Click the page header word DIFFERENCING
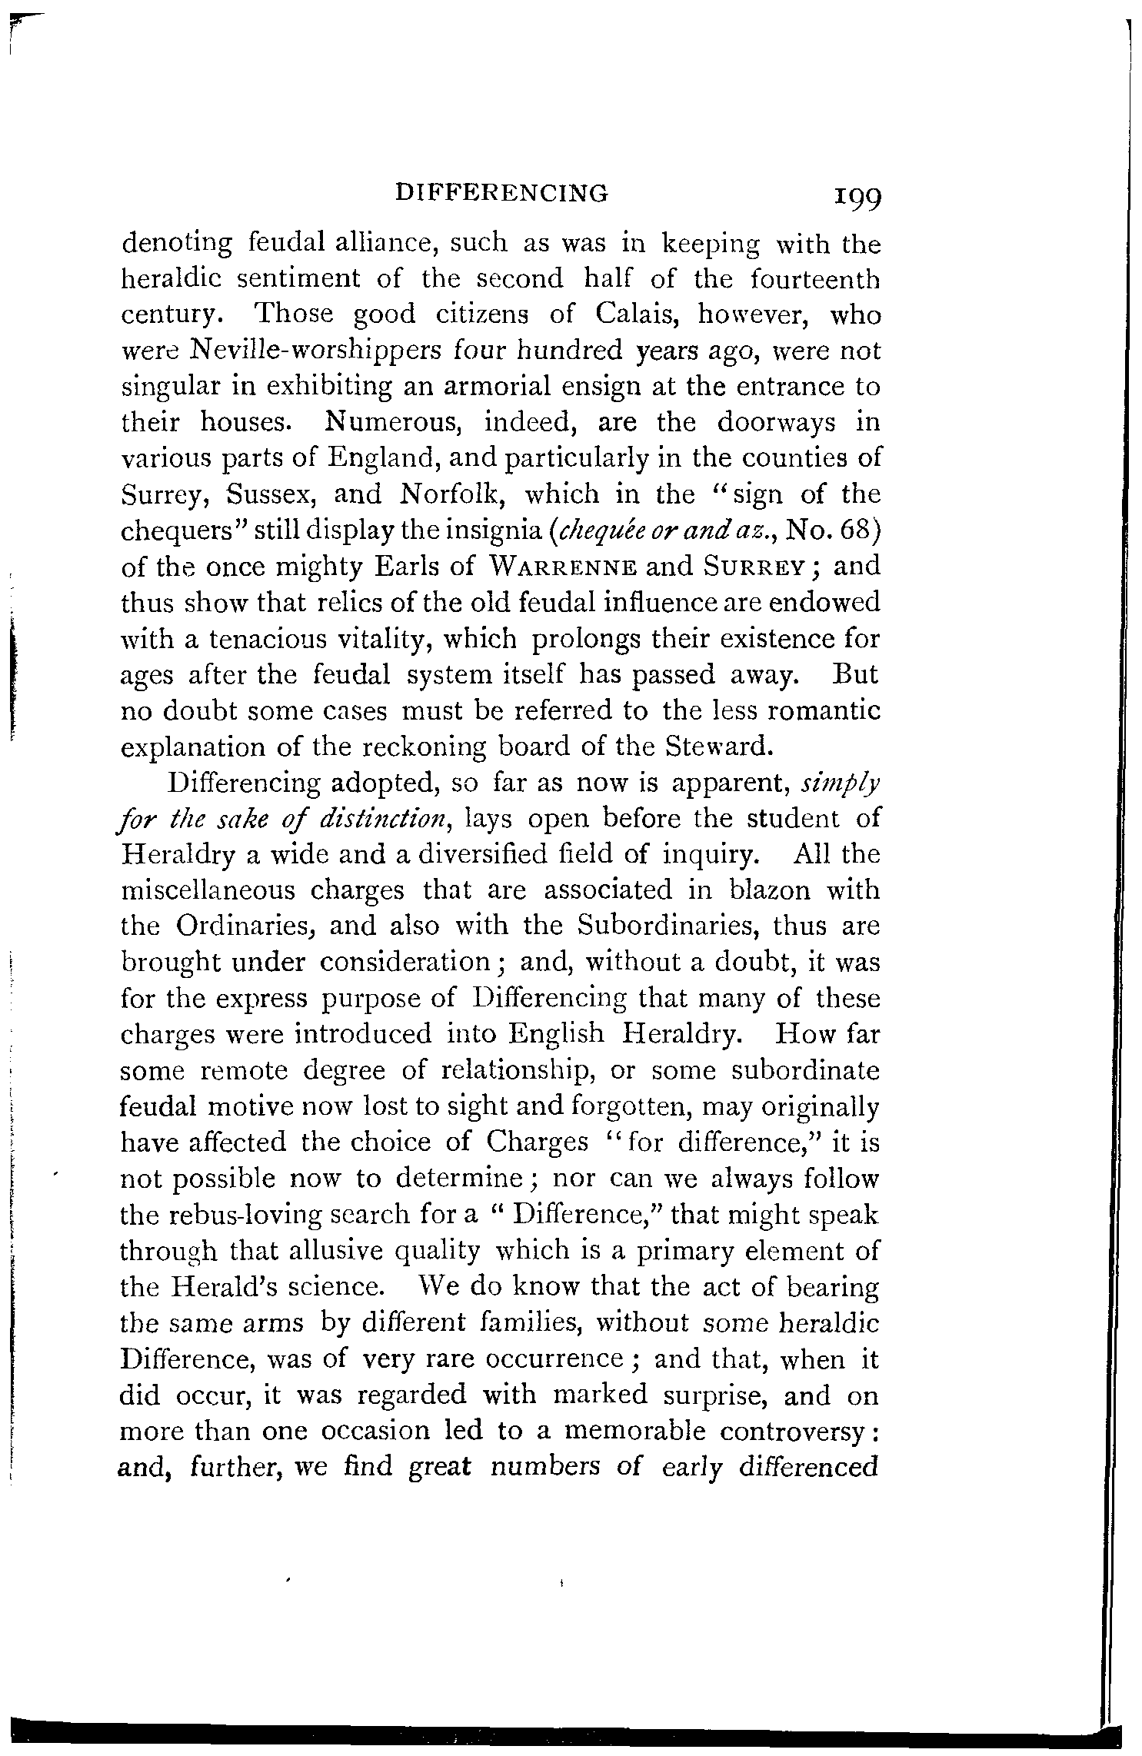click(501, 192)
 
